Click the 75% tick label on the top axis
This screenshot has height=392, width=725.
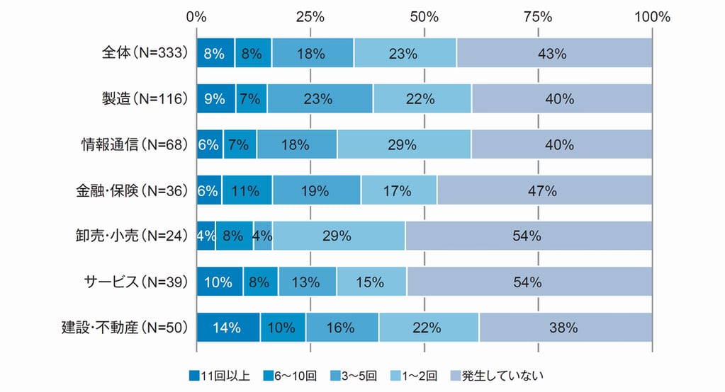pos(538,16)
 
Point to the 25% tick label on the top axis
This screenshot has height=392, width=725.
pos(310,16)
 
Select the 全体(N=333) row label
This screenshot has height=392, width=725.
pos(144,53)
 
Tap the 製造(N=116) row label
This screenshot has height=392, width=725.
pos(145,99)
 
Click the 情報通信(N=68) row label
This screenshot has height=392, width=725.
pos(134,144)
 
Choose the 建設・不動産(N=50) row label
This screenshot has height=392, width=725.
pos(124,327)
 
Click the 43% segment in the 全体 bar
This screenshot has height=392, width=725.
pos(554,53)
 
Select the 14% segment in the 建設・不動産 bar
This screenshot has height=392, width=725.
pos(228,327)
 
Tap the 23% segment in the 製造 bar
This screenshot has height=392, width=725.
pos(320,99)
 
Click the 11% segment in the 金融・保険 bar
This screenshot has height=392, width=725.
pos(247,190)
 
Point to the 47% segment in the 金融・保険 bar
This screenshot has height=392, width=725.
pos(544,190)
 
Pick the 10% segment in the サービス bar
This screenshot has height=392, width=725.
pos(220,282)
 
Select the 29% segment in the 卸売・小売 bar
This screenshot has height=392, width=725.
pos(339,236)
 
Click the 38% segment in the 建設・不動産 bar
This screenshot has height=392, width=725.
pos(566,327)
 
